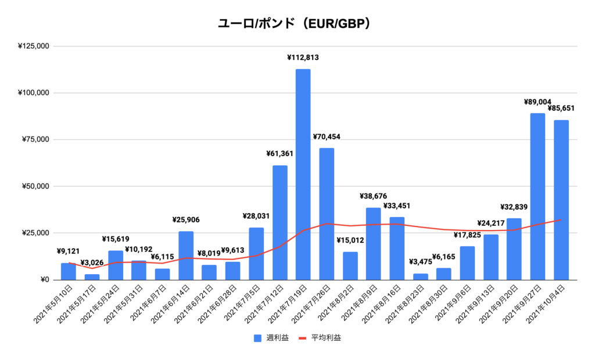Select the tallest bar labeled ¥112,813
pos(303,174)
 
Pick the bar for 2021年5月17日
pos(92,277)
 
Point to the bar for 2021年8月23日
pos(420,276)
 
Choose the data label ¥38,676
pos(374,196)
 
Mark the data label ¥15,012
pos(350,240)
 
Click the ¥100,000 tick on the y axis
pos(33,93)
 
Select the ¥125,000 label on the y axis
pos(33,46)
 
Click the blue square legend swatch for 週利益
pos(257,338)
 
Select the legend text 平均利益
pos(326,338)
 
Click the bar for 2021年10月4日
pos(561,200)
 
